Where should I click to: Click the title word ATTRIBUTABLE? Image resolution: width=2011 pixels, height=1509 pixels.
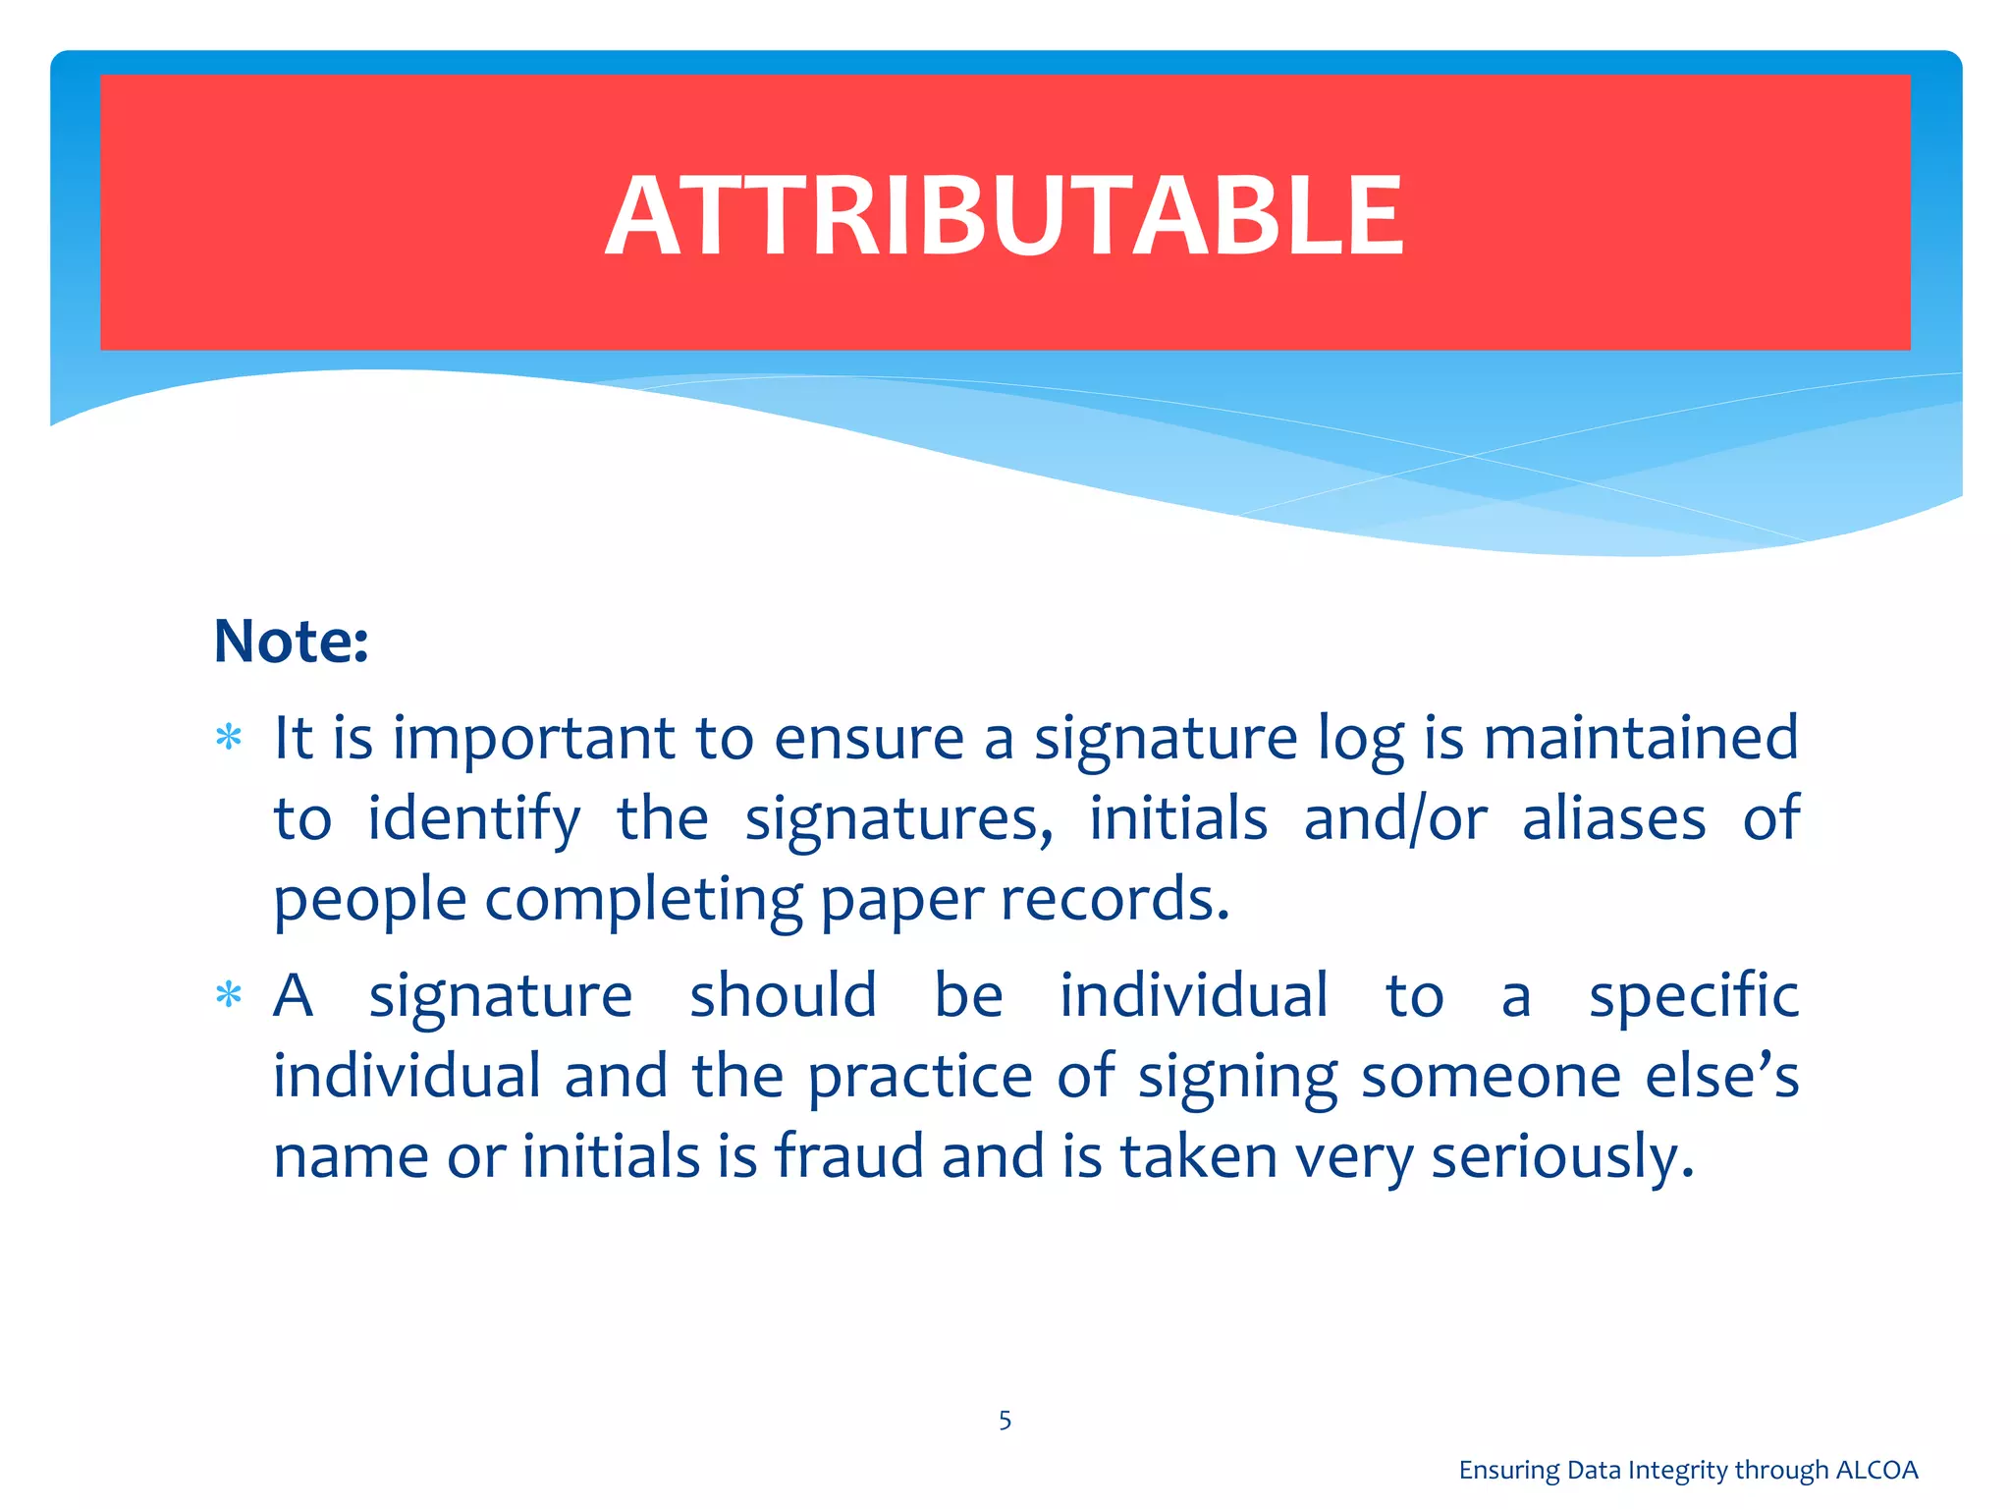tap(1005, 215)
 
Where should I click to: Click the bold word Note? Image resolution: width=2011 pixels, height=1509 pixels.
tap(291, 642)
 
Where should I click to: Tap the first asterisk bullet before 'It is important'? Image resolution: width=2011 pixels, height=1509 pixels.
tap(229, 738)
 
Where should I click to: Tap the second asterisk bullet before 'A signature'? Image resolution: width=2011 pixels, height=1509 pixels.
tap(229, 996)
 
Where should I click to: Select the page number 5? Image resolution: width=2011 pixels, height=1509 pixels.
tap(1005, 1421)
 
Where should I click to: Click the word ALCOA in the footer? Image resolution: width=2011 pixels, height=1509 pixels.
tap(1876, 1470)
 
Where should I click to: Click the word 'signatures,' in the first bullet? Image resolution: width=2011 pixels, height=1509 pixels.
tap(898, 820)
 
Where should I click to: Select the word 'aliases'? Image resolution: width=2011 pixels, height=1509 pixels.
tap(1613, 818)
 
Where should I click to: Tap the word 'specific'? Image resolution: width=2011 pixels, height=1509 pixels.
tap(1694, 996)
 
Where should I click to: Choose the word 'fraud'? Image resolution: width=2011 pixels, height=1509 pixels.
tap(849, 1156)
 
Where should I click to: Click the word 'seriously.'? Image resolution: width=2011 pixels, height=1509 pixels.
tap(1562, 1158)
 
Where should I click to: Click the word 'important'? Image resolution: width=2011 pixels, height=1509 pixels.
tap(534, 740)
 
